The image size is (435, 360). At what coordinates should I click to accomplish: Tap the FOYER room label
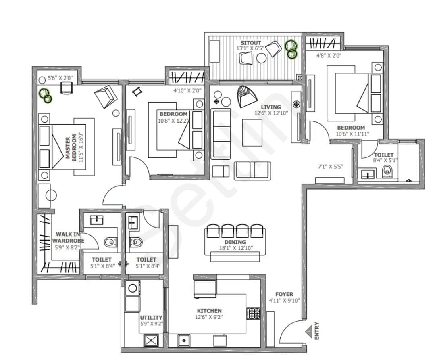pos(284,294)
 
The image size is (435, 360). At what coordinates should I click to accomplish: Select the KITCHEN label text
pos(209,311)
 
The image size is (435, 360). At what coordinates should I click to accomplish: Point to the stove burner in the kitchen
pos(253,313)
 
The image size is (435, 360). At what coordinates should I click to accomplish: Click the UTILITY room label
pos(151,318)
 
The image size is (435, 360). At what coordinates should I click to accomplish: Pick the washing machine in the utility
pos(132,289)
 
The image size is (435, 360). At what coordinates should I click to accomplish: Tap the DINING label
pos(235,242)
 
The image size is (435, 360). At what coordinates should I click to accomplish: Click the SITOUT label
pos(251,43)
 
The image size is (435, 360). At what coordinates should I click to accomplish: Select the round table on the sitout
pos(262,59)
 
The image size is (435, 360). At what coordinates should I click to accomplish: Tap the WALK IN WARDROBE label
pos(67,237)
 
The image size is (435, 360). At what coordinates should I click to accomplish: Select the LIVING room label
pos(271,107)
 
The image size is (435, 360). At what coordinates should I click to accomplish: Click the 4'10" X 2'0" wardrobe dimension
pos(187,91)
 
